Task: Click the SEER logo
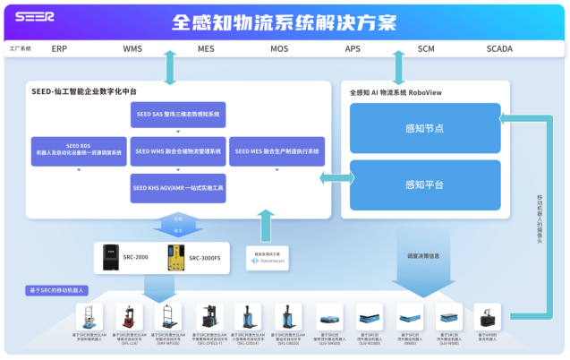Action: click(x=35, y=16)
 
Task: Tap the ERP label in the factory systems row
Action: click(x=59, y=49)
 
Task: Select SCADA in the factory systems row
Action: click(x=500, y=49)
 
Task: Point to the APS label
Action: click(x=353, y=49)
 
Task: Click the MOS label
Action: click(x=279, y=49)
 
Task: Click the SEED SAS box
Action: click(x=177, y=115)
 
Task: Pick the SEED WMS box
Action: click(x=177, y=151)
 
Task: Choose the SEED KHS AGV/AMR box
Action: click(x=177, y=188)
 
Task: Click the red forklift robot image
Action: click(x=128, y=317)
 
